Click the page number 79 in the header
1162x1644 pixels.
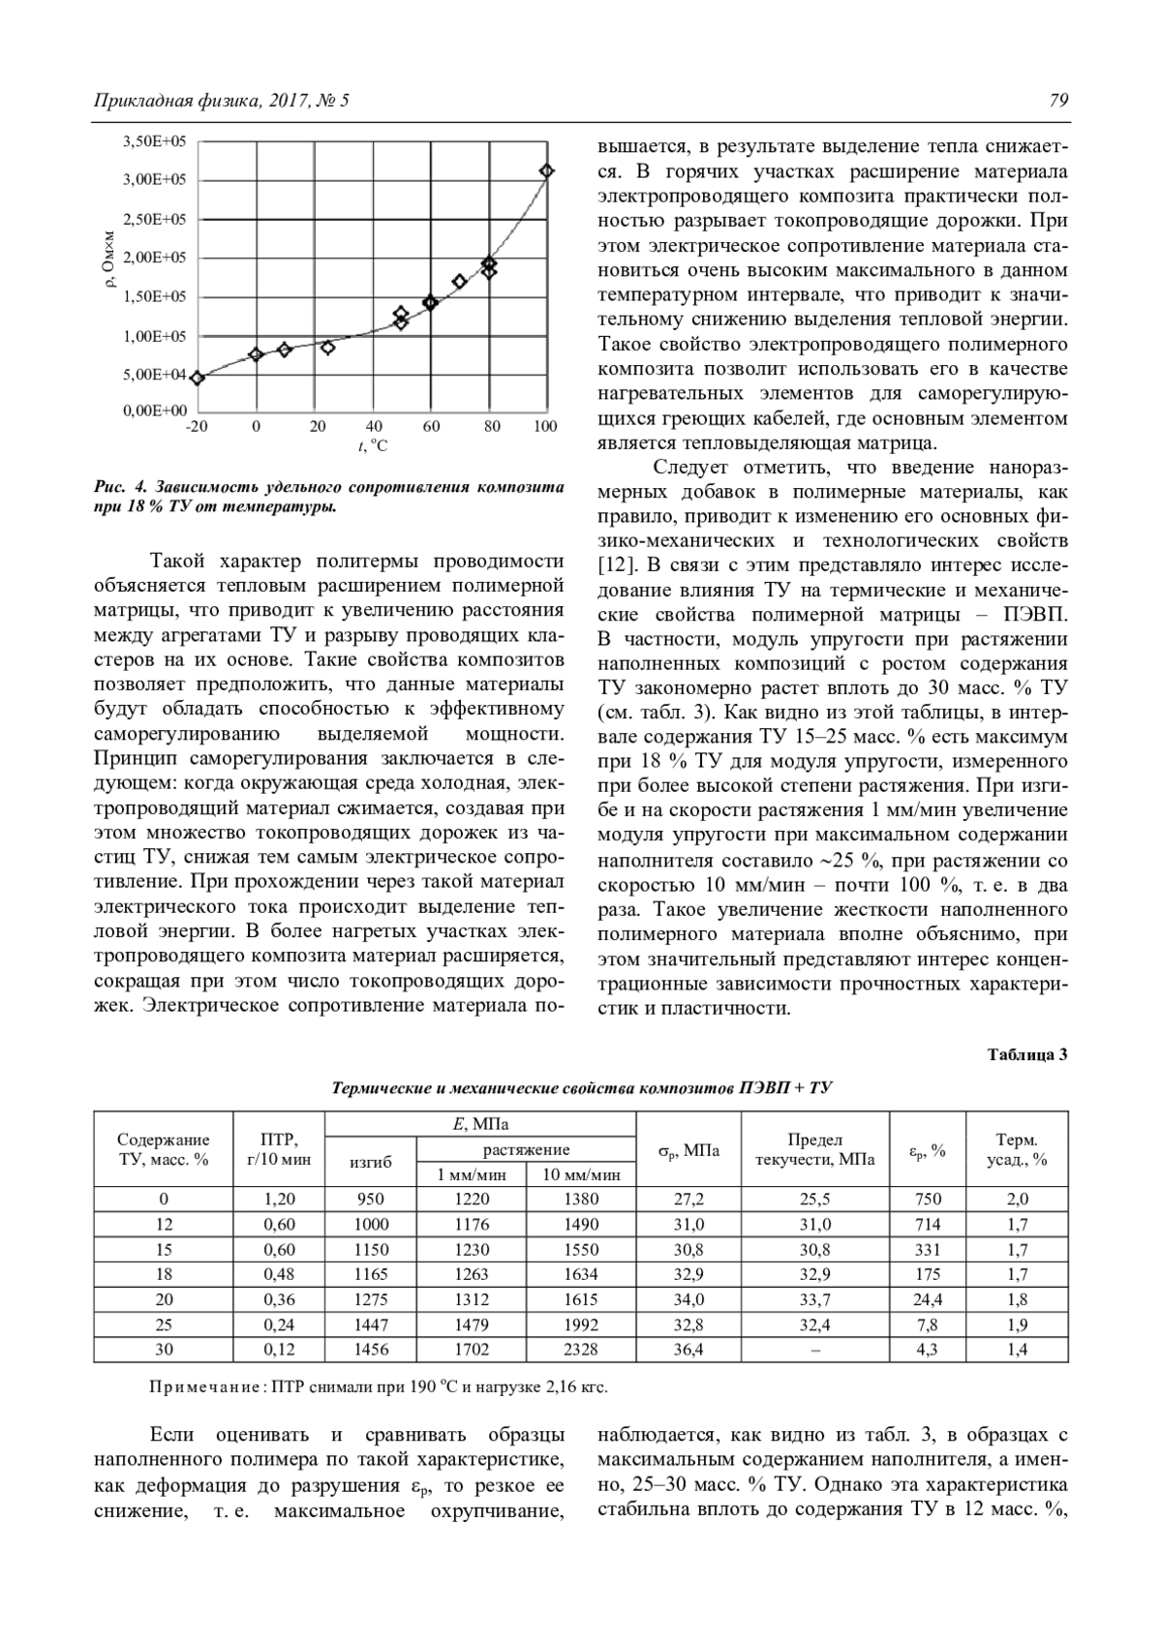(x=1057, y=101)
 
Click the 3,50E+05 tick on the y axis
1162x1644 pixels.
(x=155, y=141)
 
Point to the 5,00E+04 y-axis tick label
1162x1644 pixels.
(x=155, y=374)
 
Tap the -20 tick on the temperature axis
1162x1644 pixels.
(x=197, y=426)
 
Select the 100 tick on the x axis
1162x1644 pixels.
(x=545, y=426)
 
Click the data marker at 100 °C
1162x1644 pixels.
(x=547, y=171)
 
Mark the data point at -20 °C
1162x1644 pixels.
(x=198, y=379)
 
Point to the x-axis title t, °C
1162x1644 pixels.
(x=372, y=446)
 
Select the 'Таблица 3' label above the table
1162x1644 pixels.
(x=1027, y=1054)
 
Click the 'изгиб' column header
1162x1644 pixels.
(x=371, y=1162)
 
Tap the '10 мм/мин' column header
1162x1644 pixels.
(x=581, y=1174)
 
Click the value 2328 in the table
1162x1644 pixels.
(x=581, y=1349)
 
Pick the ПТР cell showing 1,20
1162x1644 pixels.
(x=280, y=1199)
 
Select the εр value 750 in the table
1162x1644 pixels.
(x=928, y=1199)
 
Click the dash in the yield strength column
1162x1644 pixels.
(x=814, y=1350)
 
